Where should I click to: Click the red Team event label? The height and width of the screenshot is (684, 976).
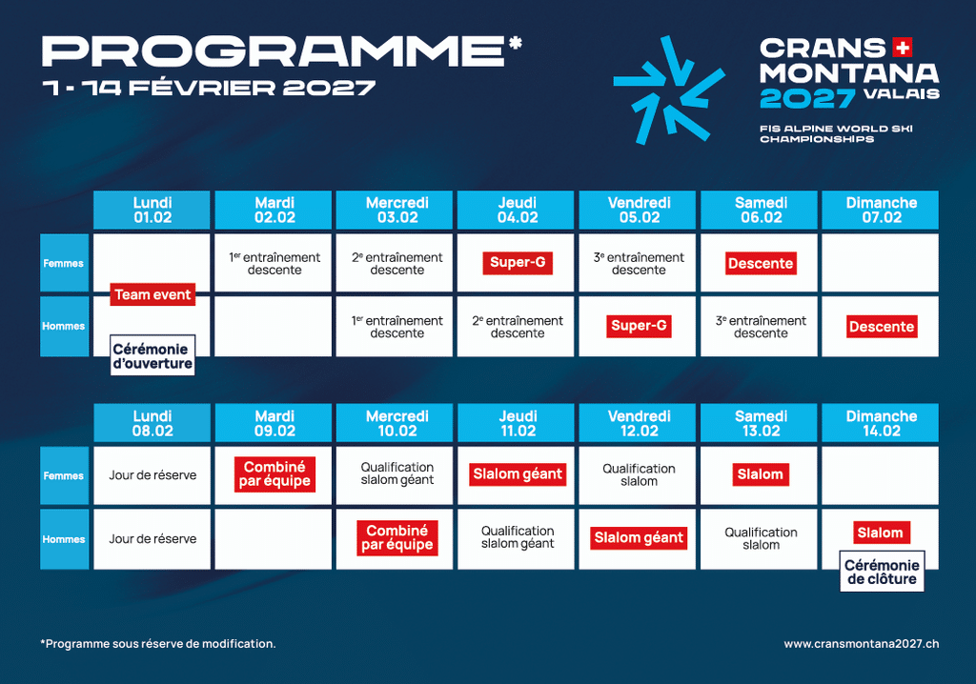point(152,294)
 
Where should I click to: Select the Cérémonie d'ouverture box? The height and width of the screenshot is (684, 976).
point(152,355)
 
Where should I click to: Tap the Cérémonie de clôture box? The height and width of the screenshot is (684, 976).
point(882,572)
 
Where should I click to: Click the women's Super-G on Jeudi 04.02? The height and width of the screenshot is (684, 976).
point(518,263)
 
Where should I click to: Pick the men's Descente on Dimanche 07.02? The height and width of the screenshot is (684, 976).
point(882,327)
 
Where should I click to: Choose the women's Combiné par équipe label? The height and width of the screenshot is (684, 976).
point(274,474)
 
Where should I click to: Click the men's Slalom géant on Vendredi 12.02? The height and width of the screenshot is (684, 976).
point(639,537)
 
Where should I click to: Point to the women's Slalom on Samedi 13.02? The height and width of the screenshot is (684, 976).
point(760,474)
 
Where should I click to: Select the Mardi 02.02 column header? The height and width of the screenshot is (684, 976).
point(274,210)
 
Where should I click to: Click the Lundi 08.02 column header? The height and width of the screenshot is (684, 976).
point(152,423)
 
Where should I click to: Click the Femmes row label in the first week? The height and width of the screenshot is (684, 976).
point(64,263)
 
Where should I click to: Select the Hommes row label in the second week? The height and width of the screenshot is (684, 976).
point(64,539)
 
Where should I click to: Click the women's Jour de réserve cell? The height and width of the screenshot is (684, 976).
point(152,475)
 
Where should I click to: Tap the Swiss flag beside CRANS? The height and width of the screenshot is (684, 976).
point(902,48)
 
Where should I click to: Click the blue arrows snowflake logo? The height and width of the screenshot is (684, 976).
point(669,90)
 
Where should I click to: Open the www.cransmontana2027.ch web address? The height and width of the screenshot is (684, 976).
point(862,644)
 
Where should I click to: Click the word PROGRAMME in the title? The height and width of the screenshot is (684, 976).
point(274,51)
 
